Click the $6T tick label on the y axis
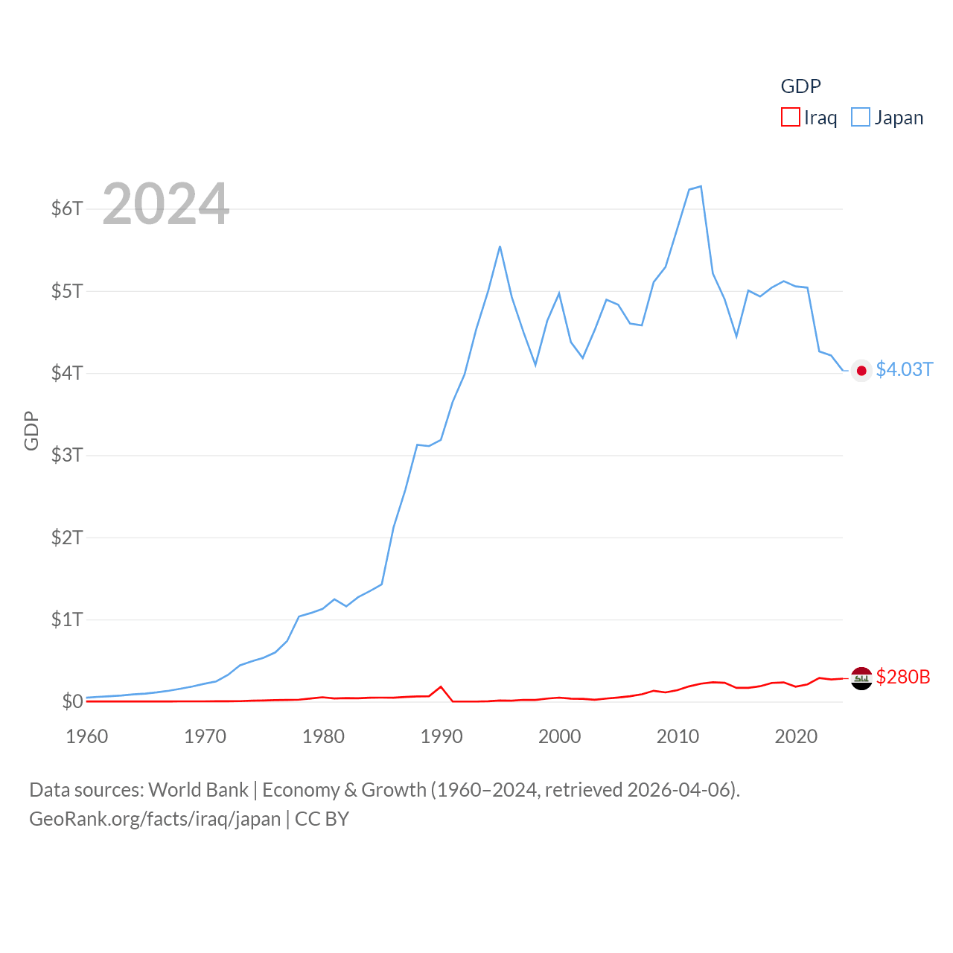pyautogui.click(x=67, y=208)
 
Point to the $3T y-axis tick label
pyautogui.click(x=67, y=455)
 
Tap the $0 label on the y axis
pyautogui.click(x=72, y=701)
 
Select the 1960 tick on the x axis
pyautogui.click(x=87, y=736)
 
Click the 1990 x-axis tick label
pyautogui.click(x=442, y=736)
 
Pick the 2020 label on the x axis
pyautogui.click(x=796, y=736)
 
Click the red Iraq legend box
pyautogui.click(x=790, y=118)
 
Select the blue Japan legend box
pyautogui.click(x=860, y=118)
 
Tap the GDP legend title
pyautogui.click(x=800, y=86)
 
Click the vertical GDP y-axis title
pyautogui.click(x=31, y=430)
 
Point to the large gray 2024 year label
pyautogui.click(x=165, y=204)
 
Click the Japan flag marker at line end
pyautogui.click(x=861, y=371)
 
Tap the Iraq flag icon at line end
pyautogui.click(x=861, y=678)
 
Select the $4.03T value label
pyautogui.click(x=904, y=370)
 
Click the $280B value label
pyautogui.click(x=903, y=677)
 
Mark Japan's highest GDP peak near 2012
pyautogui.click(x=701, y=186)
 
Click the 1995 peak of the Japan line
pyautogui.click(x=500, y=246)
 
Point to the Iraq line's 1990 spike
pyautogui.click(x=441, y=686)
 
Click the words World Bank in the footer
pyautogui.click(x=198, y=790)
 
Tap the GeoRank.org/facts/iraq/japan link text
pyautogui.click(x=155, y=819)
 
